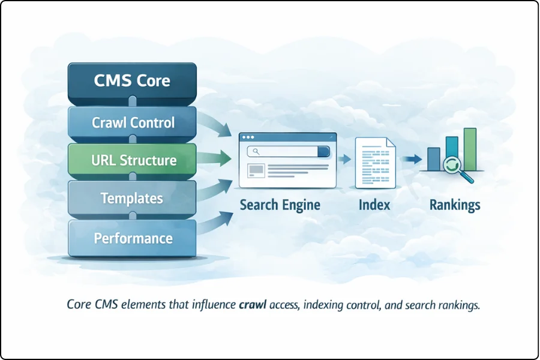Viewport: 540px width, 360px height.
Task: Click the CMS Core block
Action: pos(133,81)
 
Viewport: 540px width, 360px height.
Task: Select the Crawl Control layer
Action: pos(133,123)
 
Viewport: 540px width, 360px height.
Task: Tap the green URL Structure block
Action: pos(133,161)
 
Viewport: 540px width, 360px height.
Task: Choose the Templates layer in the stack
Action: pos(133,199)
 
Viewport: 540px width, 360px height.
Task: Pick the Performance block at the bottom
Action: pos(133,238)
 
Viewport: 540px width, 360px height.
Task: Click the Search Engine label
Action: pos(280,205)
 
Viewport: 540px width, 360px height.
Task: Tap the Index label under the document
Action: pos(374,205)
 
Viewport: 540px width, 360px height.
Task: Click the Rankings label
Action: pos(455,205)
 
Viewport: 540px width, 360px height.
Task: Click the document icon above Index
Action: pos(375,162)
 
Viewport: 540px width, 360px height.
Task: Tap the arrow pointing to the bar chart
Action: pos(411,160)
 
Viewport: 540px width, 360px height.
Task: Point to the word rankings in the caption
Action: pos(458,305)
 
